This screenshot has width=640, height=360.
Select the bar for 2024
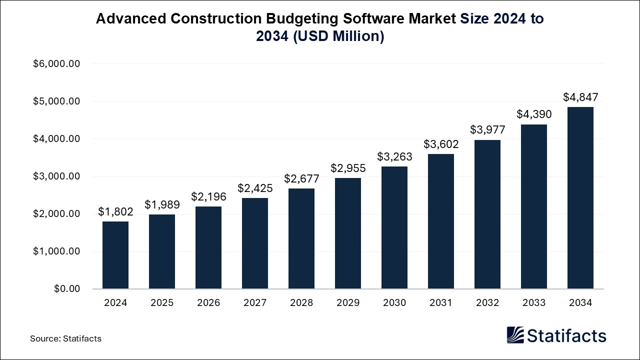click(x=115, y=255)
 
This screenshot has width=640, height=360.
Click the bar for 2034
click(x=580, y=198)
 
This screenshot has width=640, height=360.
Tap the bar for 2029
click(x=348, y=233)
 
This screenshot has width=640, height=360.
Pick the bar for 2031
click(x=441, y=221)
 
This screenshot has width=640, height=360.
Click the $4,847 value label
click(x=580, y=97)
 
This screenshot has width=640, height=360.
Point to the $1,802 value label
click(x=115, y=212)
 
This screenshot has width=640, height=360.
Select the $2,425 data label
click(x=255, y=188)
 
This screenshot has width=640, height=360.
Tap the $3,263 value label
click(x=394, y=156)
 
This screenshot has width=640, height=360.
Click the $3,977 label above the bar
click(x=487, y=130)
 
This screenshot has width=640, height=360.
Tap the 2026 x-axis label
click(x=208, y=303)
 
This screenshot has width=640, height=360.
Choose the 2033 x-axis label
click(x=534, y=303)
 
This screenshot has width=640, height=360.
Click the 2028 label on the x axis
click(x=301, y=303)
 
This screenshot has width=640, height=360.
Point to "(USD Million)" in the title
click(x=338, y=36)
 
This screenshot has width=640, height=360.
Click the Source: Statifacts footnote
click(x=65, y=338)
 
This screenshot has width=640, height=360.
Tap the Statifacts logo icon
click(x=515, y=335)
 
